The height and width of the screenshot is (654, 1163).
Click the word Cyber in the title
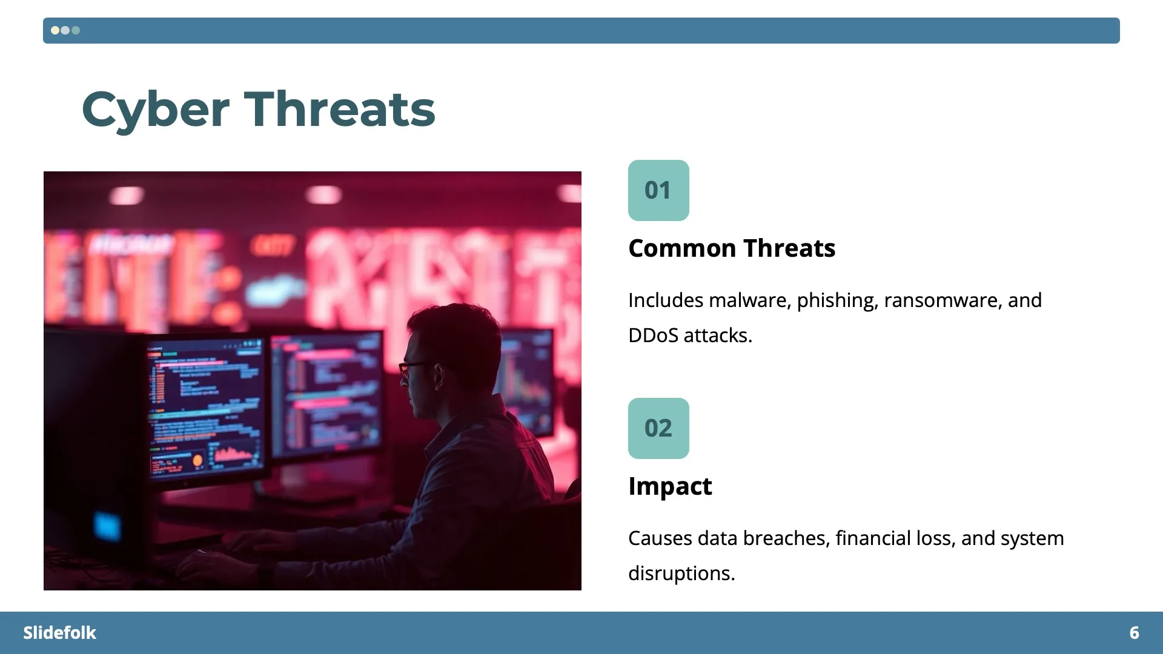(x=155, y=110)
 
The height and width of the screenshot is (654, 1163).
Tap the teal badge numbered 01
(x=658, y=190)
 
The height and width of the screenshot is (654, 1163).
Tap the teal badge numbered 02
(x=658, y=428)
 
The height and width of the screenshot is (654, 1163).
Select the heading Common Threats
(x=732, y=248)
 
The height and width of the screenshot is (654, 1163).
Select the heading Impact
(x=670, y=486)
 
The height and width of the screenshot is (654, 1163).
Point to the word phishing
(x=837, y=300)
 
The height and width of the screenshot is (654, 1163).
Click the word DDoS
(x=653, y=335)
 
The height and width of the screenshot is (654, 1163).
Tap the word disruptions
(x=681, y=573)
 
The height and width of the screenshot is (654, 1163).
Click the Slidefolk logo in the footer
(x=59, y=633)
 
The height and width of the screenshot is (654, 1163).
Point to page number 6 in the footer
(x=1134, y=633)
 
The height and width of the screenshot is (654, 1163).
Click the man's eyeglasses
(x=414, y=366)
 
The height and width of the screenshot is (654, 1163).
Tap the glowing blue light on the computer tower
(x=107, y=526)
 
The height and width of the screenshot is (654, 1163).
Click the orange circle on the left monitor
(x=197, y=461)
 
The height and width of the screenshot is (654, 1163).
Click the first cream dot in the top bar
(x=55, y=30)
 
